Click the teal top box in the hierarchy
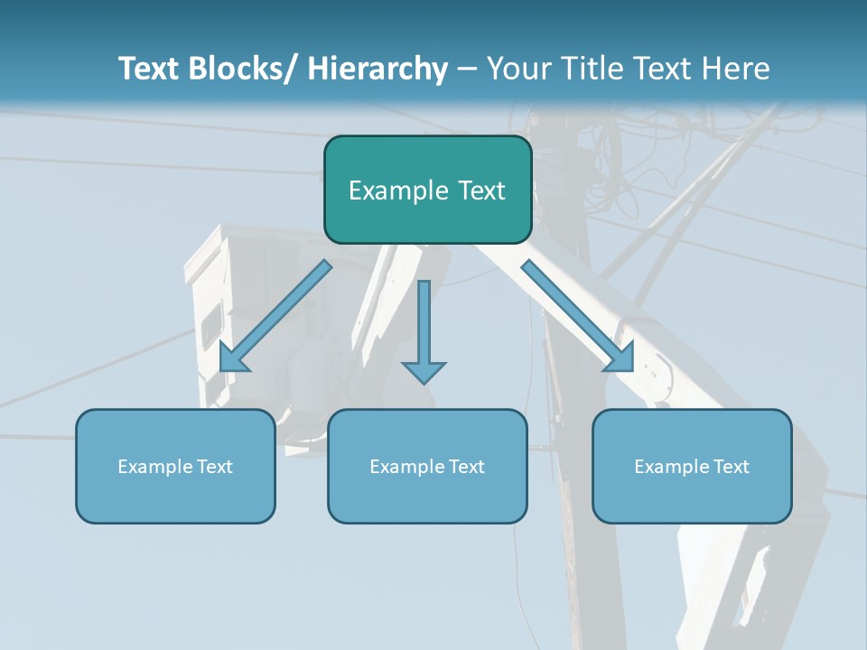pyautogui.click(x=427, y=190)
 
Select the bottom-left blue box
pyautogui.click(x=175, y=466)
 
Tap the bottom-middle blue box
pyautogui.click(x=427, y=466)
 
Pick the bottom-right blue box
pyautogui.click(x=692, y=466)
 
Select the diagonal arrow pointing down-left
pyautogui.click(x=275, y=316)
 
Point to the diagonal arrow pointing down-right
pyautogui.click(x=578, y=316)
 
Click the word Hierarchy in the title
pyautogui.click(x=378, y=69)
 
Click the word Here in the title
pyautogui.click(x=738, y=69)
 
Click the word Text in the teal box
pyautogui.click(x=481, y=190)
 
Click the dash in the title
pyautogui.click(x=467, y=69)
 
